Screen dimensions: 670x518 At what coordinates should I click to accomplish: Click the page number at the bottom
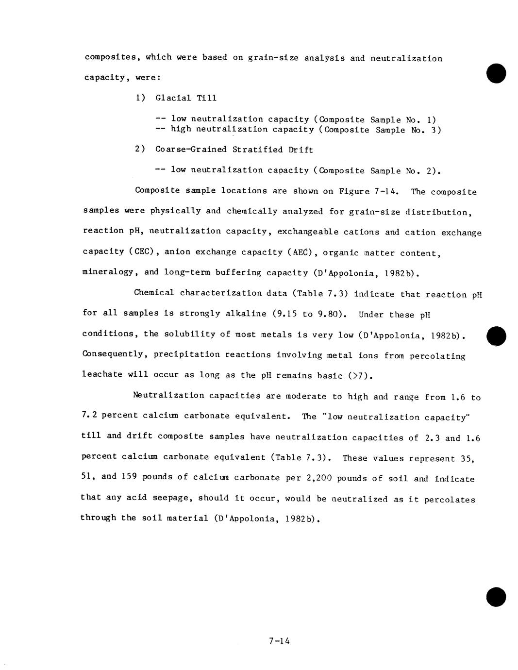tap(279, 641)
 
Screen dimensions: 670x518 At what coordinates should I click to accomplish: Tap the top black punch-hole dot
tap(496, 73)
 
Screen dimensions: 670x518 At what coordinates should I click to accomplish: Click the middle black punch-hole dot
tap(496, 336)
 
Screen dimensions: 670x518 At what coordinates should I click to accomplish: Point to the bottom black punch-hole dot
tap(496, 597)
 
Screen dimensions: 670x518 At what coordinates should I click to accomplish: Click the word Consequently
tap(114, 354)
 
